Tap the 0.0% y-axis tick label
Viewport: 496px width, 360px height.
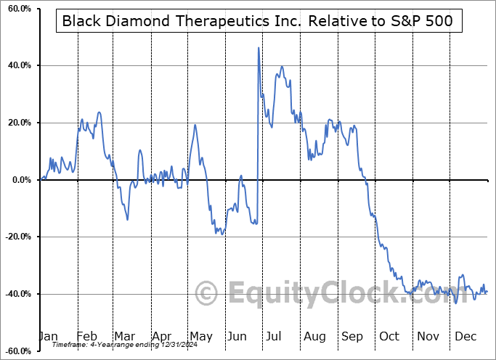click(x=20, y=180)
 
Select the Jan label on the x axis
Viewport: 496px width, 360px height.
click(x=47, y=336)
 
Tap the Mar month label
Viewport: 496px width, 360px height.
click(x=124, y=336)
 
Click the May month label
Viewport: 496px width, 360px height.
click(x=200, y=336)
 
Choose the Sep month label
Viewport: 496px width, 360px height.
click(x=353, y=336)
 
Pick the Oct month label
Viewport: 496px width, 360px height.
click(x=389, y=336)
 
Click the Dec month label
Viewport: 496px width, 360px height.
click(x=466, y=336)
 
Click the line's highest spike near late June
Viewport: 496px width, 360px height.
click(x=259, y=48)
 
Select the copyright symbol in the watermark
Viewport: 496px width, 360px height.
click(x=207, y=294)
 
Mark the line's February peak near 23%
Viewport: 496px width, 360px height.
click(x=99, y=112)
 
